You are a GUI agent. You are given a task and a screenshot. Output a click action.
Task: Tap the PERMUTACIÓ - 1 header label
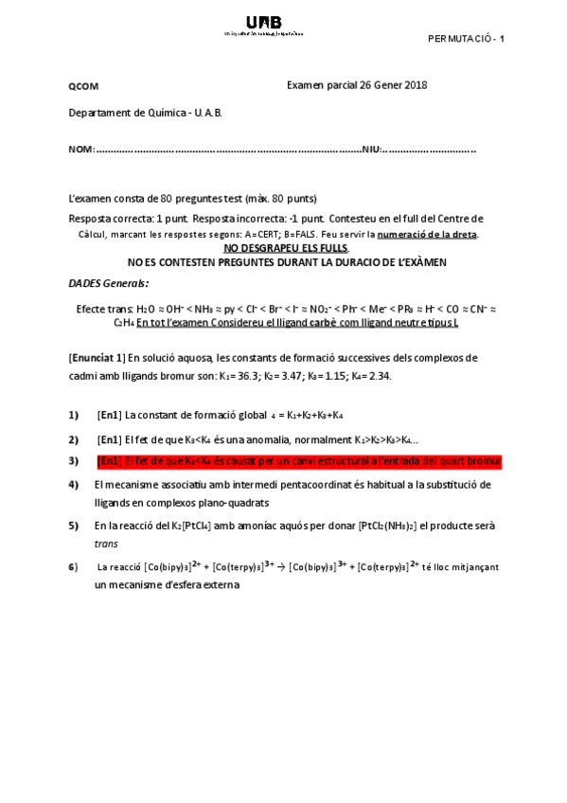click(x=466, y=39)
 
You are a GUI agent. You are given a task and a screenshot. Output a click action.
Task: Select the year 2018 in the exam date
click(x=416, y=85)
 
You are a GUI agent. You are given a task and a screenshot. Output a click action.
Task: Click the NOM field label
click(x=80, y=151)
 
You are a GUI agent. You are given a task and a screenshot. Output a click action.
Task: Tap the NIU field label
click(x=370, y=151)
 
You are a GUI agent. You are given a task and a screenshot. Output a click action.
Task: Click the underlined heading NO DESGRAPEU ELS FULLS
click(x=286, y=247)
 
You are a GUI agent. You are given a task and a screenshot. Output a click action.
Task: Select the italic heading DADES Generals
click(x=108, y=282)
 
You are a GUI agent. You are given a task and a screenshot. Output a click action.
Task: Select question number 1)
click(x=74, y=415)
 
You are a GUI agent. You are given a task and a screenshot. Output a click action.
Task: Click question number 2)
click(x=74, y=438)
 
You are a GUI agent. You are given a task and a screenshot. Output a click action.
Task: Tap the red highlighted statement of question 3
click(x=298, y=461)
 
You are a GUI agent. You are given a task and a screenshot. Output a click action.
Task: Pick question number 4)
click(x=74, y=485)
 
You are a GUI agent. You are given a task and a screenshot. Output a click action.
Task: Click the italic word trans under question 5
click(x=106, y=544)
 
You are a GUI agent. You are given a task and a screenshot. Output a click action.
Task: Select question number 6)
click(x=74, y=567)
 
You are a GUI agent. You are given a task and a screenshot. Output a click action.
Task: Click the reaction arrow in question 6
click(x=280, y=567)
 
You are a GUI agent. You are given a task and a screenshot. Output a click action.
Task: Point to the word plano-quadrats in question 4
click(x=234, y=503)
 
